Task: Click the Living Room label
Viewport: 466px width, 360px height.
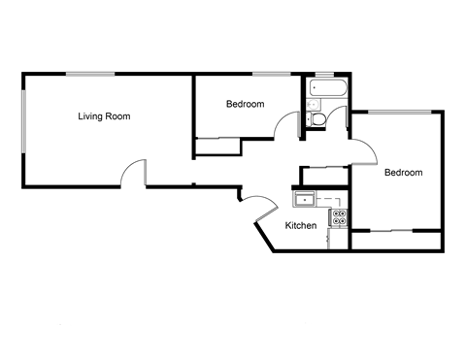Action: [104, 116]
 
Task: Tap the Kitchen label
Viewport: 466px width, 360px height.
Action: [301, 226]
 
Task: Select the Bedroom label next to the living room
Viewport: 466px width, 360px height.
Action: [245, 104]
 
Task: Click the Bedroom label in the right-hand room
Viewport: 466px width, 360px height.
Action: [403, 173]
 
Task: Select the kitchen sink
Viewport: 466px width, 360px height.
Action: [306, 200]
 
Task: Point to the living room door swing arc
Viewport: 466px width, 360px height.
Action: [132, 173]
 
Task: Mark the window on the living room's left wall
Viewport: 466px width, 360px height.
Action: [23, 120]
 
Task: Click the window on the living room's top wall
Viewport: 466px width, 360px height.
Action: [87, 73]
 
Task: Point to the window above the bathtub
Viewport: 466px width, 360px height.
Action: [324, 73]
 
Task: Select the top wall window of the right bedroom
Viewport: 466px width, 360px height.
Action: [399, 112]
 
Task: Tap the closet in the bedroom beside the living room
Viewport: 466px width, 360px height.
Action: [218, 147]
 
